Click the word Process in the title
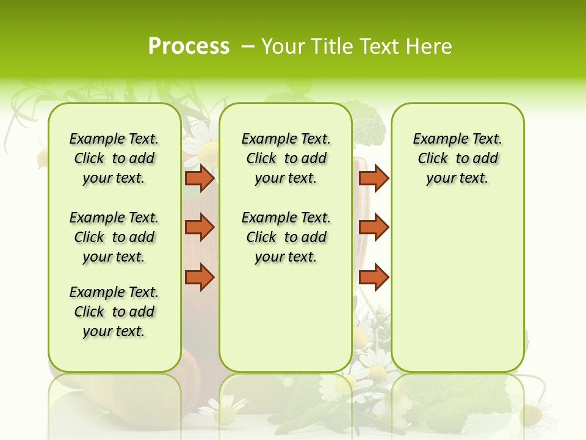189,46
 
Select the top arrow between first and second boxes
200,178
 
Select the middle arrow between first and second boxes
200,227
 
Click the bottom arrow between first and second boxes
200,277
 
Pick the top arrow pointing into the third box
374,178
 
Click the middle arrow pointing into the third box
374,227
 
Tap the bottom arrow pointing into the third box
374,277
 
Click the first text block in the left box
114,158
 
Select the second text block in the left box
114,237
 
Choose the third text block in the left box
114,312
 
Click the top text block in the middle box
286,158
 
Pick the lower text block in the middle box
286,237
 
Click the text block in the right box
458,158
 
